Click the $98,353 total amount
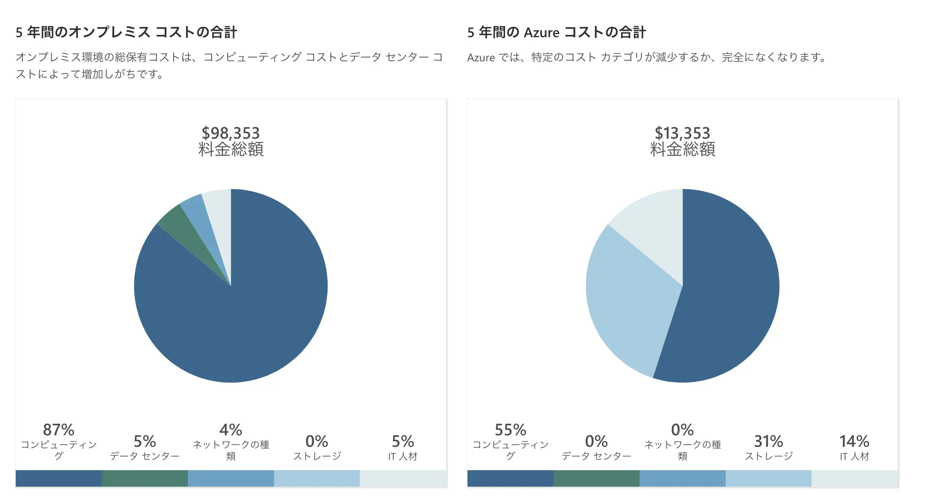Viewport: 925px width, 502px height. (x=231, y=133)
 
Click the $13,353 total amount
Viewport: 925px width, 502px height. (x=682, y=133)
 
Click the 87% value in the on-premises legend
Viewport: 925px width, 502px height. (x=59, y=430)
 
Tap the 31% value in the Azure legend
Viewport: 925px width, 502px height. (x=768, y=441)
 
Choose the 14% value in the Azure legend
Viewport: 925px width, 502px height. (x=854, y=441)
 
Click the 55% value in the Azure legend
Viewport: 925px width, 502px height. (x=510, y=430)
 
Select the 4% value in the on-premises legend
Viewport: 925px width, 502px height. (x=231, y=430)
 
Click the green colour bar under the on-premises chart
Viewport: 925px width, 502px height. (x=145, y=478)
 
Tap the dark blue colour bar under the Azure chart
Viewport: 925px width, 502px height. (x=510, y=478)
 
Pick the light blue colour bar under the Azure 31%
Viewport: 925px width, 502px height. (x=768, y=478)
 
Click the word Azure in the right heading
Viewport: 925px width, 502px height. (x=541, y=33)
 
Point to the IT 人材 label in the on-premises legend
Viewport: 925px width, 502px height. (x=403, y=456)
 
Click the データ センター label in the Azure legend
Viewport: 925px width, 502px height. (x=596, y=456)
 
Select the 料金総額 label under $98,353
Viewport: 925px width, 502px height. (x=231, y=149)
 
